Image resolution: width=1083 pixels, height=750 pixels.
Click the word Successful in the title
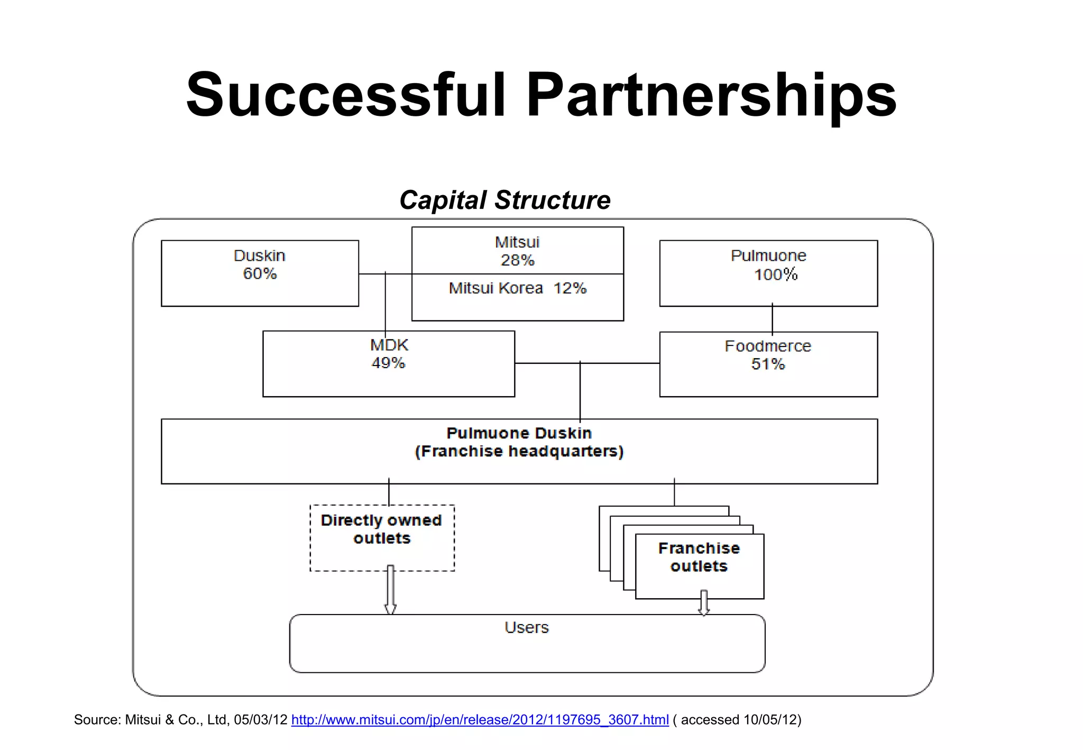(x=346, y=95)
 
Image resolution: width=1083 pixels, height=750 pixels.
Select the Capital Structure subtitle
(x=505, y=200)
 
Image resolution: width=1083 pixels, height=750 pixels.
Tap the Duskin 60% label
(x=260, y=264)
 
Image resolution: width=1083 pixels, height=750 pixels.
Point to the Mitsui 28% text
(x=517, y=251)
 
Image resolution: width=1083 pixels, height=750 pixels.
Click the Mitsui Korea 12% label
(x=517, y=288)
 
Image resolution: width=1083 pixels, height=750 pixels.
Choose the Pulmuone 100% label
(x=769, y=265)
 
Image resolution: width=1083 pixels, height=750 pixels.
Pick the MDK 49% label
(x=389, y=354)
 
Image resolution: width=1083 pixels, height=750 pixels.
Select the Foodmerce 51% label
(x=768, y=355)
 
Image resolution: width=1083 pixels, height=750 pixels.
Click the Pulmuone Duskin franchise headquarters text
(x=519, y=442)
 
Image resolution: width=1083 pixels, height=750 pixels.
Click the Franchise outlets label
(x=699, y=557)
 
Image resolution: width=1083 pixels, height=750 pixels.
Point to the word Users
(x=527, y=628)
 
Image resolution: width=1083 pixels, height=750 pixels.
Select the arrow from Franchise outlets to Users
(x=704, y=603)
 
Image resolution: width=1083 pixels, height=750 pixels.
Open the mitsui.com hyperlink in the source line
(x=480, y=720)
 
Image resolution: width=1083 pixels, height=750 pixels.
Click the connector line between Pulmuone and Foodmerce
(x=772, y=319)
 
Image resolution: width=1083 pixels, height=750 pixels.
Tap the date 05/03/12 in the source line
(x=261, y=720)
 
